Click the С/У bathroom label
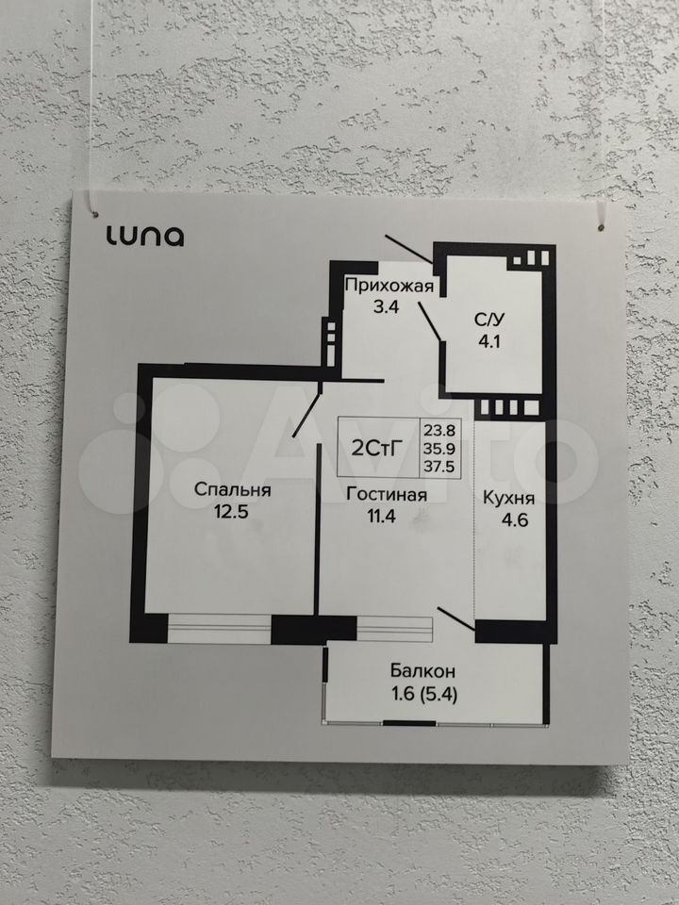(489, 319)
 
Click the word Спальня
(233, 489)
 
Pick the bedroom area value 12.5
(234, 512)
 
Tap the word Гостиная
(387, 494)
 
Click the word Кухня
(509, 499)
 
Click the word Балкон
(423, 671)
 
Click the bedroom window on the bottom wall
(219, 629)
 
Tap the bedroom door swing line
(306, 416)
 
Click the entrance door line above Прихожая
(408, 245)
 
